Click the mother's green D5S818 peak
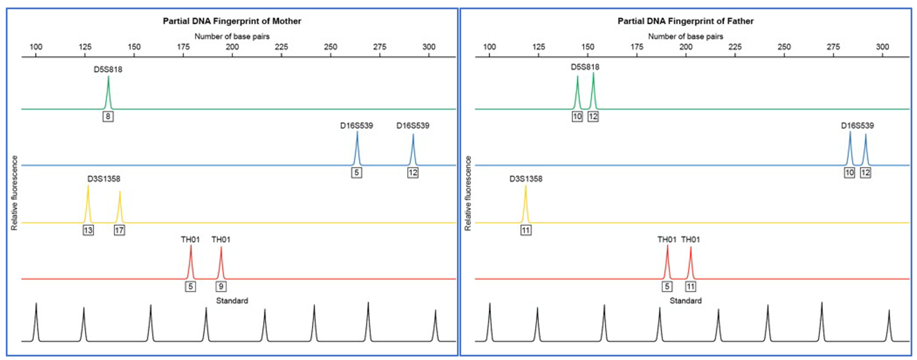pyautogui.click(x=108, y=92)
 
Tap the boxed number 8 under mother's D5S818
pyautogui.click(x=108, y=116)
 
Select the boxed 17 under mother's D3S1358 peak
pyautogui.click(x=119, y=230)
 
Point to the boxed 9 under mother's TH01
pyautogui.click(x=221, y=286)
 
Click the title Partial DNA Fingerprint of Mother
pyautogui.click(x=232, y=21)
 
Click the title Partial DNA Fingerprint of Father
pyautogui.click(x=685, y=21)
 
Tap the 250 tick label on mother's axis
pyautogui.click(x=330, y=47)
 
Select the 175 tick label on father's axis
pyautogui.click(x=637, y=47)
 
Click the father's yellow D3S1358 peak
pyautogui.click(x=525, y=204)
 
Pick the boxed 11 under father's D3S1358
pyautogui.click(x=526, y=230)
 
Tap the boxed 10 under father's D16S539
pyautogui.click(x=849, y=173)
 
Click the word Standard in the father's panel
pyautogui.click(x=685, y=300)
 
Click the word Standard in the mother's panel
pyautogui.click(x=232, y=300)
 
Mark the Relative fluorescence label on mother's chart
pyautogui.click(x=15, y=193)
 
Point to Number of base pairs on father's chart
pyautogui.click(x=685, y=36)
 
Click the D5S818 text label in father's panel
pyautogui.click(x=584, y=67)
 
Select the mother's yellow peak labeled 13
pyautogui.click(x=88, y=204)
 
